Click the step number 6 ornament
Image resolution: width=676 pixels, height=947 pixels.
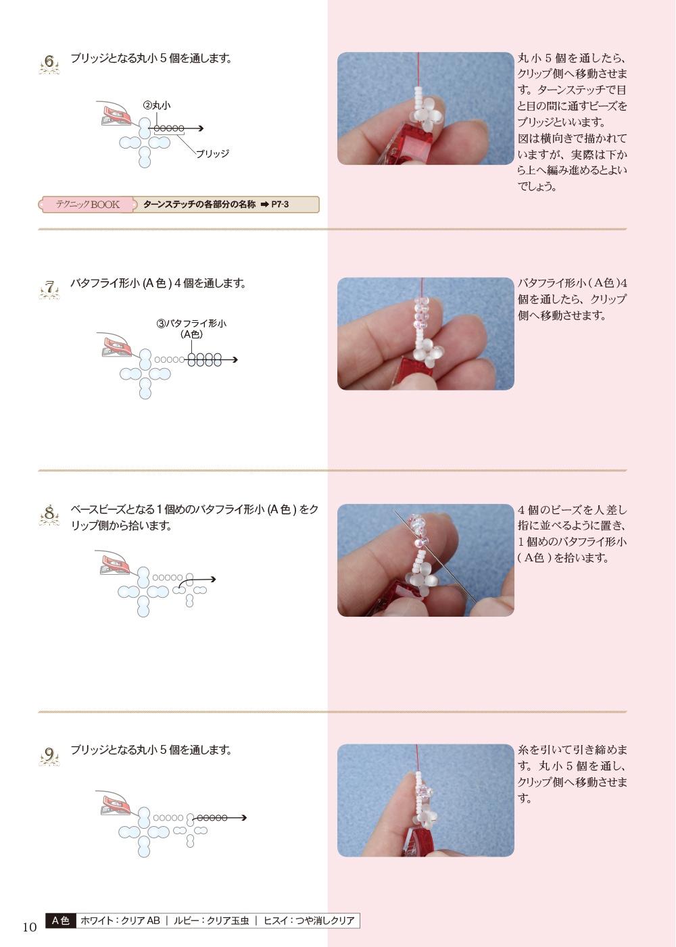point(49,64)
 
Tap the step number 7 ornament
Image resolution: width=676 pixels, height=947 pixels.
point(49,289)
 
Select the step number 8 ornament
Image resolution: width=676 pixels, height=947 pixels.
point(49,515)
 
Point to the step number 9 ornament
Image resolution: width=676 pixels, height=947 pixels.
point(49,755)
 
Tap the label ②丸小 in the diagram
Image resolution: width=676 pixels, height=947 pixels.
point(157,105)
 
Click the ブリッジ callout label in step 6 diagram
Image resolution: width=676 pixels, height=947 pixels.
point(212,153)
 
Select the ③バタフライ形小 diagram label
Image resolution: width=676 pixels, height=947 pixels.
point(191,328)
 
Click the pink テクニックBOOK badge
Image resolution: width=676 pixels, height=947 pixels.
point(88,205)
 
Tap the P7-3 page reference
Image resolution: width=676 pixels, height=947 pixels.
point(280,205)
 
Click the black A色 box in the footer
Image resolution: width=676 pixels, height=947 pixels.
point(60,921)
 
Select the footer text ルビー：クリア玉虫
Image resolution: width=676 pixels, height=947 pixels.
point(211,921)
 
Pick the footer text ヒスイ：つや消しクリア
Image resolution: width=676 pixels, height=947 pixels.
point(309,921)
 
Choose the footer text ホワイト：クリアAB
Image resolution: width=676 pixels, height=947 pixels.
point(120,921)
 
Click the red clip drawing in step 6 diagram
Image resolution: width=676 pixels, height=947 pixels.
point(116,116)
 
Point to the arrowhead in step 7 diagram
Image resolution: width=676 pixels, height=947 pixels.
point(235,360)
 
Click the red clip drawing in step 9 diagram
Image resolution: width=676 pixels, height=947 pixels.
point(116,805)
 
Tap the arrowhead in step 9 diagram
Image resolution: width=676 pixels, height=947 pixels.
point(243,817)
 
